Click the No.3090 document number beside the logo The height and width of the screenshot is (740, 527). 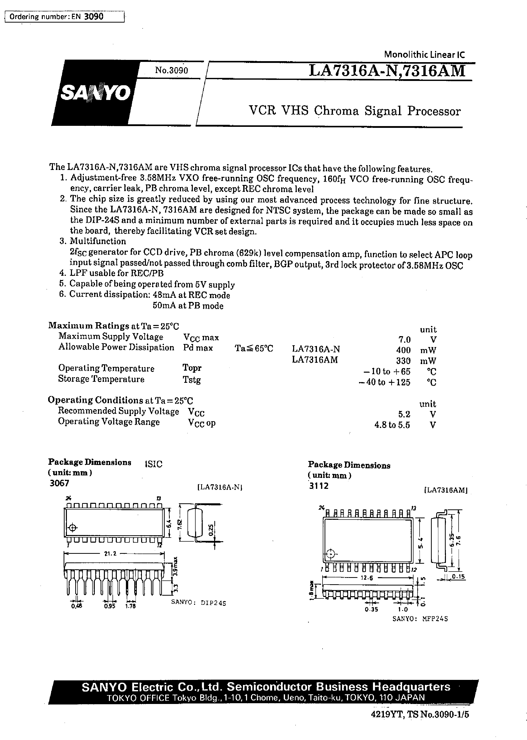(171, 70)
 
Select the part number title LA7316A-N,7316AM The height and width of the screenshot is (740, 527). (387, 71)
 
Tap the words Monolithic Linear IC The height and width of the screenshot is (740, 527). (424, 55)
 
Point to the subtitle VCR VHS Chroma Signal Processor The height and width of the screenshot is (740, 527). (354, 111)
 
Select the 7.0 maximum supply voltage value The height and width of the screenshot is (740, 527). (404, 340)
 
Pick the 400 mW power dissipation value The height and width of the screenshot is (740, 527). (403, 350)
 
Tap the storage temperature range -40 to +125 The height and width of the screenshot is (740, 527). (385, 382)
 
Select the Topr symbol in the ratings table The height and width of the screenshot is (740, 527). (192, 368)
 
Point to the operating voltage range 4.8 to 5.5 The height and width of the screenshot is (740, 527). (392, 425)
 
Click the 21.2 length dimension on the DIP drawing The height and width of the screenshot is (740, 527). (110, 554)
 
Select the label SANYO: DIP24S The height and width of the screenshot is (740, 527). (199, 603)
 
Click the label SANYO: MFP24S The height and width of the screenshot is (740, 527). (420, 619)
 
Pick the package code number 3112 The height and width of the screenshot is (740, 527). (319, 486)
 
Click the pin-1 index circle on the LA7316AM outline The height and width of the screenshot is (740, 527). (330, 554)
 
